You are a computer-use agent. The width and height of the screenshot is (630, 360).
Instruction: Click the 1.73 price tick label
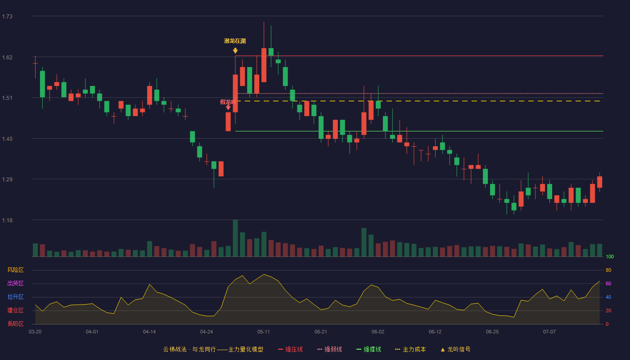(x=7, y=17)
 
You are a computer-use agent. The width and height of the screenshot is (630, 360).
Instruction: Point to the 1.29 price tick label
(x=7, y=180)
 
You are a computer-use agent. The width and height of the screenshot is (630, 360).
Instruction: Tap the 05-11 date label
(x=264, y=332)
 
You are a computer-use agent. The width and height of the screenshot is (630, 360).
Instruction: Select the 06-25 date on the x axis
(x=492, y=332)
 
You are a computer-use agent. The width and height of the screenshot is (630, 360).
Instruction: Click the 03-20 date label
(x=35, y=332)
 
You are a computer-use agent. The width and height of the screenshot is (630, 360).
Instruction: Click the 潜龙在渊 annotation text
(x=235, y=41)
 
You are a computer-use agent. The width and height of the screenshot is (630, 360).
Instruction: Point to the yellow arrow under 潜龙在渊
(x=235, y=50)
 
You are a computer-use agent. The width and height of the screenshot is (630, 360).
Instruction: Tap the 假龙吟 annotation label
(x=228, y=102)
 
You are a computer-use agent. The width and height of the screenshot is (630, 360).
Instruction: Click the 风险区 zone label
(x=15, y=270)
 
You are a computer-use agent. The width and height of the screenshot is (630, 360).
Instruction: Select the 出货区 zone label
(x=15, y=283)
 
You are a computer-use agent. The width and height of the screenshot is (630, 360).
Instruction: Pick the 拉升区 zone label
(x=15, y=297)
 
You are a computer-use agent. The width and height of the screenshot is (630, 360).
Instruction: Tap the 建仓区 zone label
(x=15, y=310)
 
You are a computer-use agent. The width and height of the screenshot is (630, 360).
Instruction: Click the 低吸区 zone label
(x=15, y=324)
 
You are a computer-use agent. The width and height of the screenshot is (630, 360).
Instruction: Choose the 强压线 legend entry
(x=290, y=349)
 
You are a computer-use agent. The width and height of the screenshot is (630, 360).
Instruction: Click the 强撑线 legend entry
(x=369, y=349)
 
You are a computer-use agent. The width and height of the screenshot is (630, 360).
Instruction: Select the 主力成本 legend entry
(x=410, y=349)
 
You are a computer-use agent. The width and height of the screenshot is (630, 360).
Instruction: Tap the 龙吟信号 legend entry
(x=455, y=349)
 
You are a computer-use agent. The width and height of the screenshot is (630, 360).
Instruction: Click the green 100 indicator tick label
(x=610, y=256)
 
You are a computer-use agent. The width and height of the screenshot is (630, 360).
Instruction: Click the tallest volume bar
(x=235, y=238)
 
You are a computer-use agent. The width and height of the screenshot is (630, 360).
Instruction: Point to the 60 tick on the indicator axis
(x=608, y=283)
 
